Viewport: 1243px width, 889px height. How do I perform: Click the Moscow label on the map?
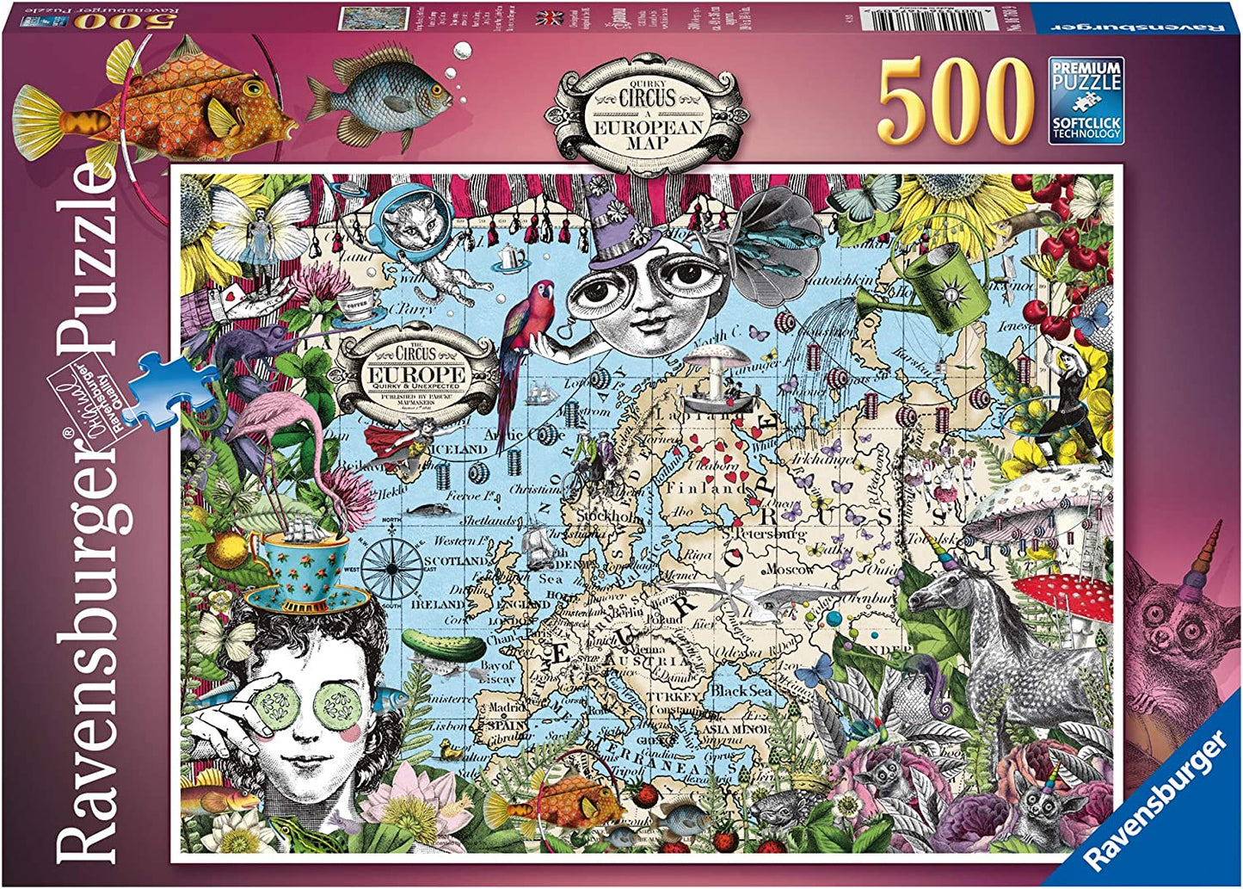788,570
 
